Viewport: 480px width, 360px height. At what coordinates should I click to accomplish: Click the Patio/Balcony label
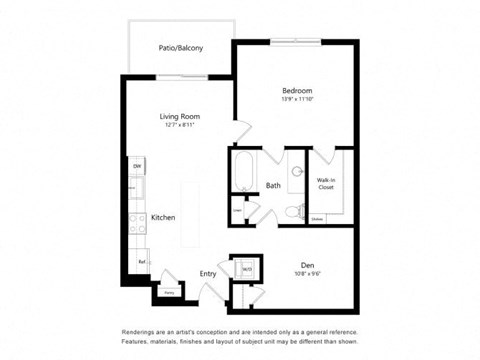[180, 47]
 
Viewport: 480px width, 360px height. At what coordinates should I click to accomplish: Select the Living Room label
[180, 116]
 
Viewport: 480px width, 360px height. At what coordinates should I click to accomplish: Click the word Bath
[273, 185]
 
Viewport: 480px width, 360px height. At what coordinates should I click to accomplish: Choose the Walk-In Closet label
[326, 183]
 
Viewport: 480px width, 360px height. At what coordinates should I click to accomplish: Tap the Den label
[307, 264]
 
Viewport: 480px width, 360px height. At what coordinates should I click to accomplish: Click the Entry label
[208, 273]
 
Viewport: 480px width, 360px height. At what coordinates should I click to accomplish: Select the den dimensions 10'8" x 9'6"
[307, 274]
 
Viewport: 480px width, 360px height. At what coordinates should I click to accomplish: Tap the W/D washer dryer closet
[246, 268]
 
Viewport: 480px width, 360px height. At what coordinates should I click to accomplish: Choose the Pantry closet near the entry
[169, 291]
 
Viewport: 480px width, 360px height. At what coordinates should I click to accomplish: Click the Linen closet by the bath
[238, 211]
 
